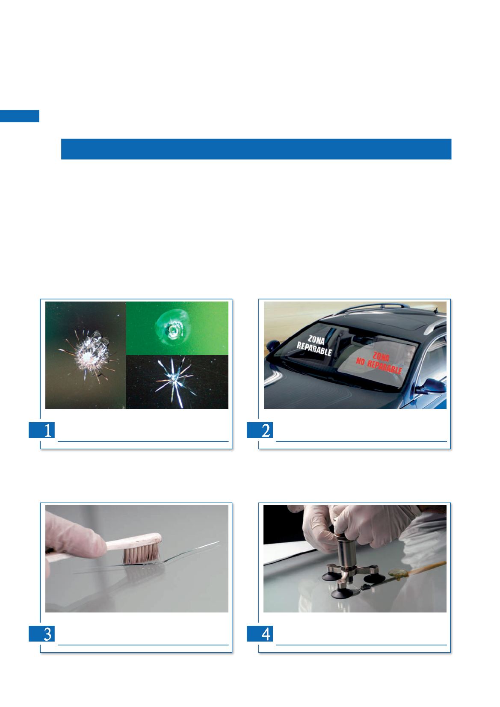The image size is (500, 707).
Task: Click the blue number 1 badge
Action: point(41,430)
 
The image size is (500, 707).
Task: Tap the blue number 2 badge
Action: point(260,430)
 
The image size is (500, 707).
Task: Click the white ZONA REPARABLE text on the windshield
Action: point(315,346)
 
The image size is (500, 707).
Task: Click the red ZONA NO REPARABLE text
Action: point(379,363)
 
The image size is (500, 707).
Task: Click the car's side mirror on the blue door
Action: point(432,386)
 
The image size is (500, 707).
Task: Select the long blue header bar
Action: point(256,149)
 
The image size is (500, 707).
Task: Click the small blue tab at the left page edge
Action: point(20,116)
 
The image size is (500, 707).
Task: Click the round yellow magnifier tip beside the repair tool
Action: point(396,573)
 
